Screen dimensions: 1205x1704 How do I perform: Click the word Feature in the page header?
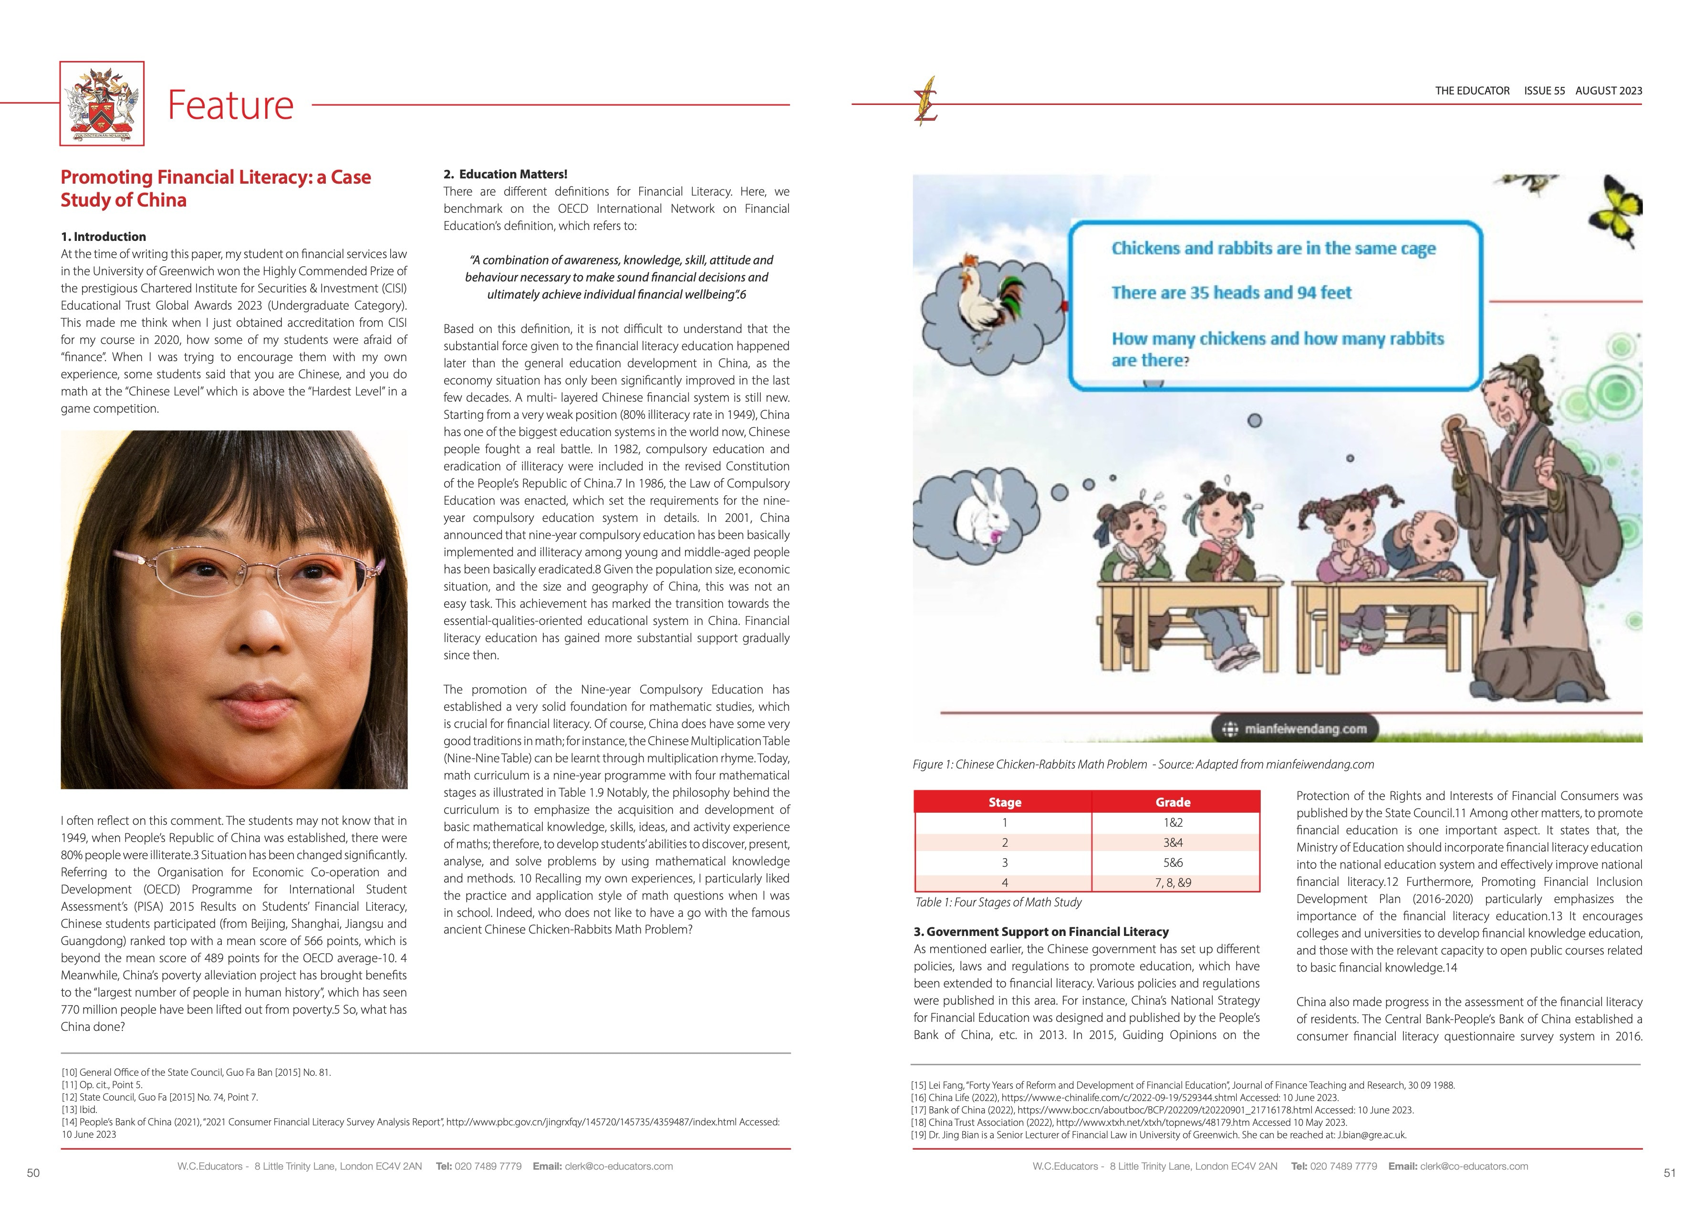(x=231, y=104)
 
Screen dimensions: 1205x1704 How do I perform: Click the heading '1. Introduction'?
(x=103, y=237)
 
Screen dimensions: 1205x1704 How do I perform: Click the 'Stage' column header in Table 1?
(x=1004, y=802)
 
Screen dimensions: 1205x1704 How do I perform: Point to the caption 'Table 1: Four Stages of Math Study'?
(x=997, y=902)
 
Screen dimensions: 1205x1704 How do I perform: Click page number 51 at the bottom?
(x=1670, y=1173)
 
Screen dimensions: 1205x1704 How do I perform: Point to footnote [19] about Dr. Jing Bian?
(x=1158, y=1134)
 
